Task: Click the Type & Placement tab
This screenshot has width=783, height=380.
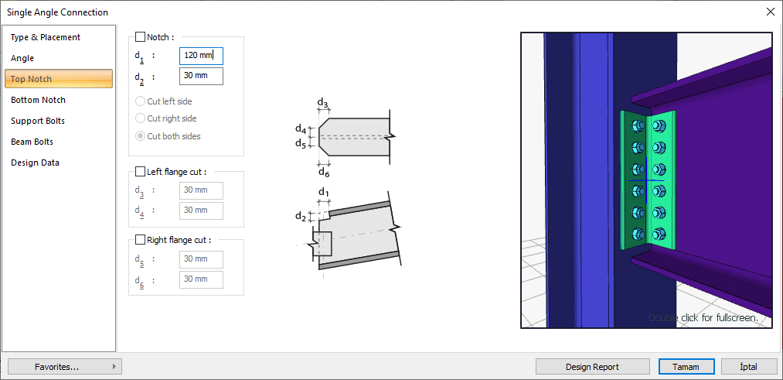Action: pyautogui.click(x=46, y=37)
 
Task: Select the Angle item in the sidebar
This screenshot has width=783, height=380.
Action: pyautogui.click(x=22, y=58)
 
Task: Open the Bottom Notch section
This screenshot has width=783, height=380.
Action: pyautogui.click(x=38, y=100)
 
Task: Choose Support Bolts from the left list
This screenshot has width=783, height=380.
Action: pyautogui.click(x=38, y=121)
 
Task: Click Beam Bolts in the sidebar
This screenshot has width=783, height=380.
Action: pyautogui.click(x=32, y=142)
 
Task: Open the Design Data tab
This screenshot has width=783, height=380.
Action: pyautogui.click(x=35, y=163)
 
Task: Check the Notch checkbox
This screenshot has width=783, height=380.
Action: pyautogui.click(x=140, y=36)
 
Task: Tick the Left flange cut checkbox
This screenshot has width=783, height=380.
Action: pyautogui.click(x=140, y=172)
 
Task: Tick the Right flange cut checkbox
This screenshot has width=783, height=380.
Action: pyautogui.click(x=140, y=240)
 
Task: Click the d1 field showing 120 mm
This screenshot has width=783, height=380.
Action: pyautogui.click(x=201, y=56)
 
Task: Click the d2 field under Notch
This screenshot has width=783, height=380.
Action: pyautogui.click(x=201, y=76)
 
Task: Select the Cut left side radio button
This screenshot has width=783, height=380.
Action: pyautogui.click(x=140, y=101)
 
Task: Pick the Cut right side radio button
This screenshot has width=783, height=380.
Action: pyautogui.click(x=140, y=118)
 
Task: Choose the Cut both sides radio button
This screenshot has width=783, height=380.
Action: pyautogui.click(x=140, y=136)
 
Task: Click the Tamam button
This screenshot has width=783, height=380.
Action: pyautogui.click(x=686, y=367)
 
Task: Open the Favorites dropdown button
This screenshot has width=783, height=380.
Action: pyautogui.click(x=65, y=367)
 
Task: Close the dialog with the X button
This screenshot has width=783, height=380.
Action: pyautogui.click(x=770, y=12)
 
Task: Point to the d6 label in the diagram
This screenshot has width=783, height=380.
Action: pyautogui.click(x=324, y=172)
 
